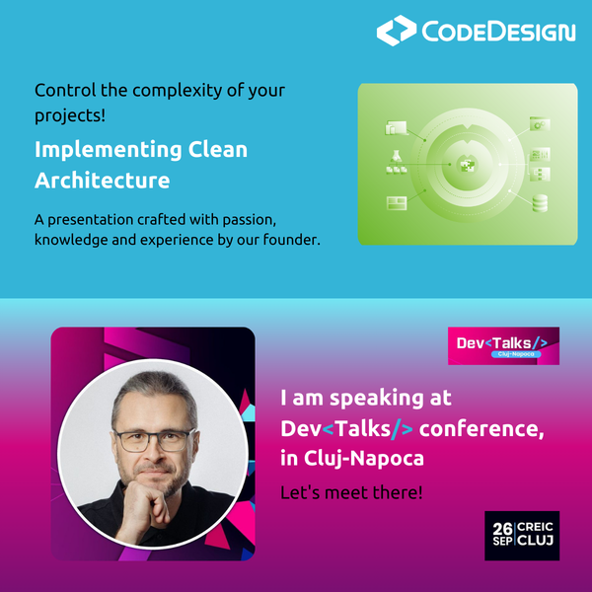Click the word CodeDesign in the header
pos(498,32)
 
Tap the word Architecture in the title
pos(103,182)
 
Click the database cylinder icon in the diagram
pos(539,204)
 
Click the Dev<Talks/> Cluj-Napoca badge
pos(503,345)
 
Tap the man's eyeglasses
pos(153,440)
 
